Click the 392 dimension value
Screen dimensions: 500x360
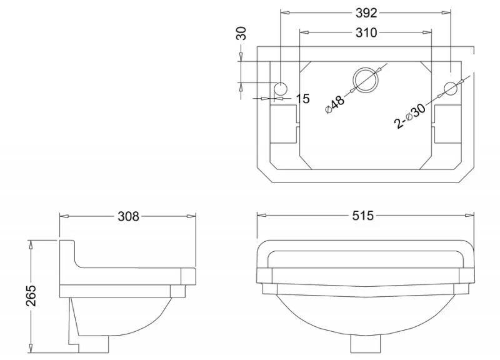pos(366,12)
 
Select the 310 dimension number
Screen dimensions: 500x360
pos(366,32)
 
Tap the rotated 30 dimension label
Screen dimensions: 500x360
pos(241,33)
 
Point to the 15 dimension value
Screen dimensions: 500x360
pos(302,99)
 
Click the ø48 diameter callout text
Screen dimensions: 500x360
pos(335,104)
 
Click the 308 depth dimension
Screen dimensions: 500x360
pos(129,216)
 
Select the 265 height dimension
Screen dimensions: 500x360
pos(31,296)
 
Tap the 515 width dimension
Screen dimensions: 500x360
pos(363,216)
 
